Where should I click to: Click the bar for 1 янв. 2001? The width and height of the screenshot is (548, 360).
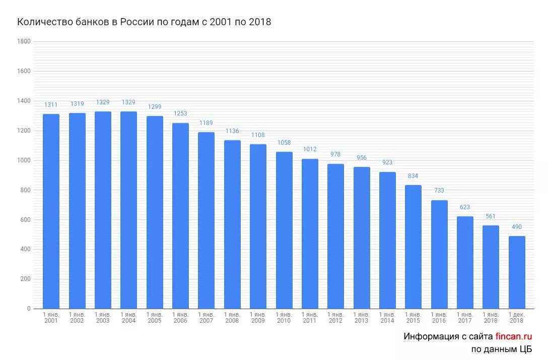pyautogui.click(x=51, y=211)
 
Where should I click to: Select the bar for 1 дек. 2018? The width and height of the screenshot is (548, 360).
pyautogui.click(x=517, y=272)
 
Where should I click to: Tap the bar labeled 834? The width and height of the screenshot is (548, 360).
pyautogui.click(x=413, y=247)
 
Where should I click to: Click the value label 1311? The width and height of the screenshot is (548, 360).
pyautogui.click(x=51, y=105)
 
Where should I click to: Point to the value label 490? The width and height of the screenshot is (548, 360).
pyautogui.click(x=517, y=227)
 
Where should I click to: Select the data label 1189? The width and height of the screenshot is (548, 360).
pyautogui.click(x=206, y=123)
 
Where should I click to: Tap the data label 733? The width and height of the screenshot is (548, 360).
pyautogui.click(x=439, y=191)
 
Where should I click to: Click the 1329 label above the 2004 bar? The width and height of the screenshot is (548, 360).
pyautogui.click(x=128, y=103)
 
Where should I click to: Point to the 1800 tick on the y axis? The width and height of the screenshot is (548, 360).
pyautogui.click(x=24, y=42)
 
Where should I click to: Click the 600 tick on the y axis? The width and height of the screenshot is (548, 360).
pyautogui.click(x=25, y=220)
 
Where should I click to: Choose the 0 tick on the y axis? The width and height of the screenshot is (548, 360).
pyautogui.click(x=29, y=309)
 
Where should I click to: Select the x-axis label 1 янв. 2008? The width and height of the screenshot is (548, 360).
pyautogui.click(x=232, y=318)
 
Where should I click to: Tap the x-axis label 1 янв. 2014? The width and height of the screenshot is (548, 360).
pyautogui.click(x=387, y=318)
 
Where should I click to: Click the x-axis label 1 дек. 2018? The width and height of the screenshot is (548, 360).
pyautogui.click(x=517, y=318)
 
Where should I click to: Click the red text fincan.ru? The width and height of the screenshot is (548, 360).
pyautogui.click(x=514, y=336)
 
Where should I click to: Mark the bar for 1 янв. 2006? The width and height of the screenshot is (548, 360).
pyautogui.click(x=180, y=216)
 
